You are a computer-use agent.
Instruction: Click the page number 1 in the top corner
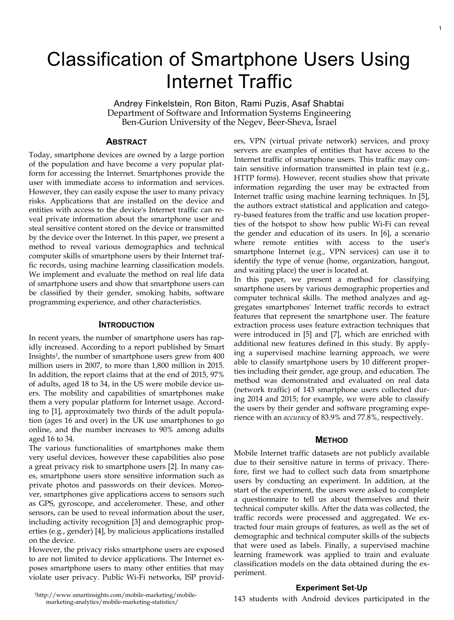439,28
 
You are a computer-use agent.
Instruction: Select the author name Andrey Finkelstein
152,104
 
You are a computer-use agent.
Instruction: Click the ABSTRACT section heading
126,142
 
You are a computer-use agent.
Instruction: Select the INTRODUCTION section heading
126,325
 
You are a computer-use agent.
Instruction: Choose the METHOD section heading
331,440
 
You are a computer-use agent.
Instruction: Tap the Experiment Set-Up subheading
331,588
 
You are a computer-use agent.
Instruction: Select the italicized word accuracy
297,417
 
